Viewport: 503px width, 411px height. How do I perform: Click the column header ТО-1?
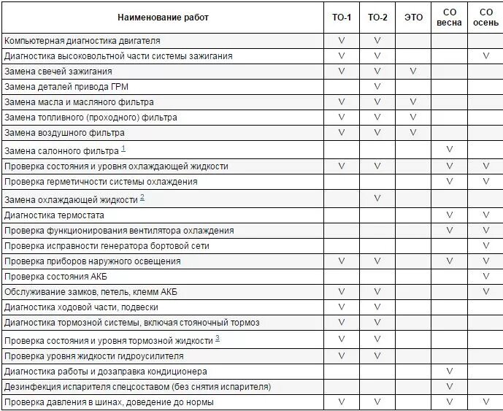[x=341, y=18]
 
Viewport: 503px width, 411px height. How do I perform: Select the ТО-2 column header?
[x=377, y=18]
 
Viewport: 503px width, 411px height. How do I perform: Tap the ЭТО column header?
[x=413, y=18]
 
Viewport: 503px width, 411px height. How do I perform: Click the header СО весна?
[x=449, y=18]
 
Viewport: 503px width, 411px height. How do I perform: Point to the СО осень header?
[x=485, y=18]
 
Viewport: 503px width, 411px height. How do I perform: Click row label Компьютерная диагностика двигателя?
[x=82, y=41]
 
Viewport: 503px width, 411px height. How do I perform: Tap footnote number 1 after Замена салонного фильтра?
[x=123, y=149]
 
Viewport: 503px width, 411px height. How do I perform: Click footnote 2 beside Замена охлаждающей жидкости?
[x=142, y=197]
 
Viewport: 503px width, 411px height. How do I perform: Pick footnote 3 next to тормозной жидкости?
[x=218, y=339]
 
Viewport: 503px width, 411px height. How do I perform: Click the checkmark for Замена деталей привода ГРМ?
[x=377, y=87]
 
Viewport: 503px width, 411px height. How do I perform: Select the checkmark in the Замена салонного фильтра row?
[x=449, y=150]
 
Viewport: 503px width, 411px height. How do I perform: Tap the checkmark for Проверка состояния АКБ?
[x=485, y=277]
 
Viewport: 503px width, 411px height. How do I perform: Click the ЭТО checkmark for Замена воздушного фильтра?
[x=413, y=133]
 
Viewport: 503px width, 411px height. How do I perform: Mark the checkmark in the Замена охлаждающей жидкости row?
[x=377, y=199]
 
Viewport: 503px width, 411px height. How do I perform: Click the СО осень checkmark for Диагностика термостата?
[x=485, y=215]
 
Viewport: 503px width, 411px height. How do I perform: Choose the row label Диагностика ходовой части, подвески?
[x=81, y=307]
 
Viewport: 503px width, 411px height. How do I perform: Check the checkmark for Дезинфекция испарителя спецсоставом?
[x=449, y=387]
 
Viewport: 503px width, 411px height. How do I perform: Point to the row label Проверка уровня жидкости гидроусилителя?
[x=93, y=356]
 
